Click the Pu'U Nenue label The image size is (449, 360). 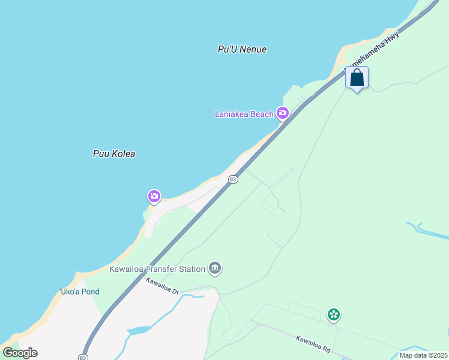tap(242, 49)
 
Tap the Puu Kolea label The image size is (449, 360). tap(114, 154)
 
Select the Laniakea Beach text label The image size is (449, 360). tap(244, 114)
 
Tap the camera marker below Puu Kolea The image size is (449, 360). tap(154, 196)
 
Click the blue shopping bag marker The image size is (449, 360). tap(357, 78)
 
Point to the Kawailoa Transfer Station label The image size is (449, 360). tap(157, 269)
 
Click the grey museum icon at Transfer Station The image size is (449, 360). tap(215, 268)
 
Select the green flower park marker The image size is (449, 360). tap(334, 314)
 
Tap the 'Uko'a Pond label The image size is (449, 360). tap(79, 292)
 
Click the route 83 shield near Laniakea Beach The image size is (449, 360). tap(233, 179)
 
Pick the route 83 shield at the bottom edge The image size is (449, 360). tap(82, 356)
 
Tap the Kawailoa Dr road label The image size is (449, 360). tap(163, 286)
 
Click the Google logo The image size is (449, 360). tap(20, 352)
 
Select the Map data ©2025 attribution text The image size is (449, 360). tap(423, 355)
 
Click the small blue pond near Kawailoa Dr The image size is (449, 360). tap(139, 331)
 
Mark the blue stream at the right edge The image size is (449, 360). tap(427, 230)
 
